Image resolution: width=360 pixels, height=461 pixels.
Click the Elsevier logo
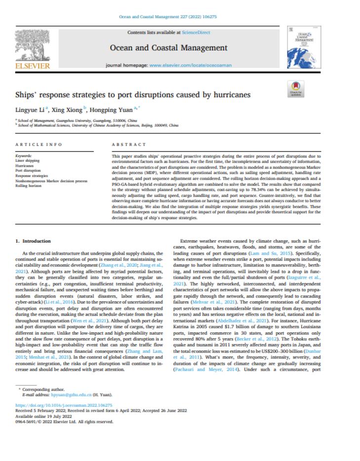[33, 50]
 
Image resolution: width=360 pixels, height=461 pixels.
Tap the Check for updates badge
[295, 89]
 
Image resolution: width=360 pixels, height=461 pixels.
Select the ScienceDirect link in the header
[197, 33]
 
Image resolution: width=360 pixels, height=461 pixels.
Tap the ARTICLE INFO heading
[39, 145]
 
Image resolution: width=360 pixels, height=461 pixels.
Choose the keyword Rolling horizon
[28, 185]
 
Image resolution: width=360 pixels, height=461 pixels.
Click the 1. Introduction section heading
[32, 241]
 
